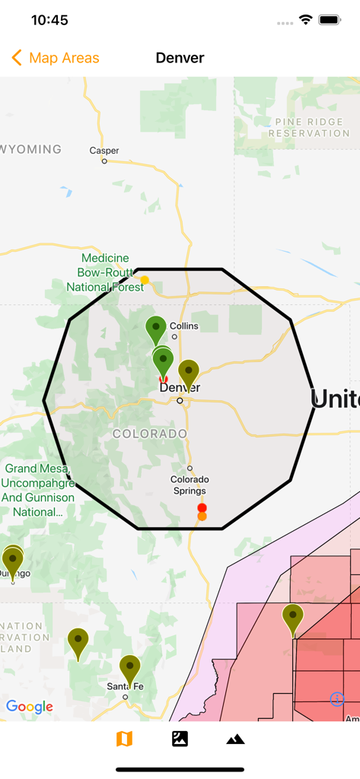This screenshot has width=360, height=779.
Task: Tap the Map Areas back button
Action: pos(56,58)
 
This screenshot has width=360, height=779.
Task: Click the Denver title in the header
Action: pos(180,58)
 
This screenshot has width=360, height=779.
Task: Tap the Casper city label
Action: pos(104,151)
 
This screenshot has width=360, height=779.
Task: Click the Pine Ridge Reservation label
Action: pos(308,127)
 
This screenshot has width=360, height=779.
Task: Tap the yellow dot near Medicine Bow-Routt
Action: pos(145,280)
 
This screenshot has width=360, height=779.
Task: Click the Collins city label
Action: pos(183,326)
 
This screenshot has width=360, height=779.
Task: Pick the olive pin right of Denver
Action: pos(189,373)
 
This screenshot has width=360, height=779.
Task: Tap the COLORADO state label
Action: pos(150,434)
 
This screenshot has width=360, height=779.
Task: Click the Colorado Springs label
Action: pos(190,485)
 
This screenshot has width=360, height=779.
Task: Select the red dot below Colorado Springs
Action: pos(202,507)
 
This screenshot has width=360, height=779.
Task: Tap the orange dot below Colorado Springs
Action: pos(202,517)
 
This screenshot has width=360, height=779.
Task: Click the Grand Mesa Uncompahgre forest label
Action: pos(38,490)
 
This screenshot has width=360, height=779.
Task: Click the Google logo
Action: pos(30,707)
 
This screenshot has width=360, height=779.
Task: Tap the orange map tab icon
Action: pos(124,739)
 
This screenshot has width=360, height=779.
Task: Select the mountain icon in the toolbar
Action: pos(235,739)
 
